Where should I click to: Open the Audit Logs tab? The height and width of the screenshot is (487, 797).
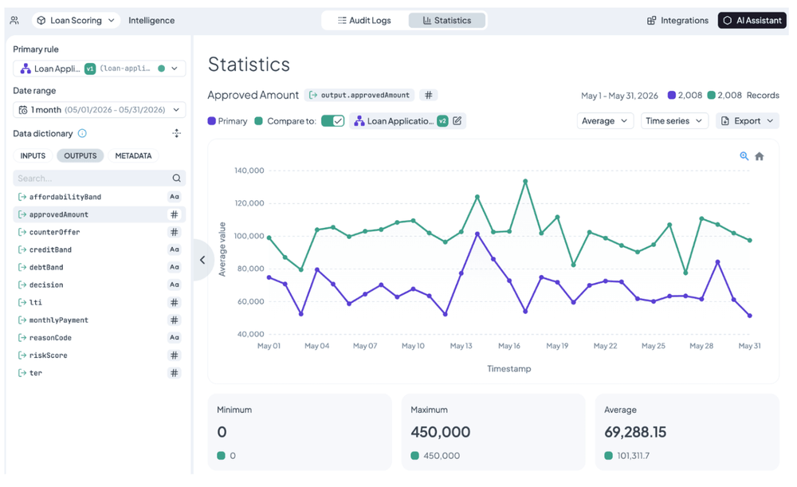pos(364,21)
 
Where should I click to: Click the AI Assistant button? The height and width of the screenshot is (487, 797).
pos(752,21)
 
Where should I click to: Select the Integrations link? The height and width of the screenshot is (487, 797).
pos(677,21)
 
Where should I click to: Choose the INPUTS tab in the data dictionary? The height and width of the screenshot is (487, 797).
pos(33,155)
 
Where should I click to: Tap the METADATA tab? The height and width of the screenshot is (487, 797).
pos(133,155)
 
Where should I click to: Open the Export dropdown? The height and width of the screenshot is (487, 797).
pos(748,121)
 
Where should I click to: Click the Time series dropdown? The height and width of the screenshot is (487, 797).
pos(674,121)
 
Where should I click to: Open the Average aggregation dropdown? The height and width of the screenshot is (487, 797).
pos(604,121)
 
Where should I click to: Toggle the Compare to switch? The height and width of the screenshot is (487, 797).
pos(332,121)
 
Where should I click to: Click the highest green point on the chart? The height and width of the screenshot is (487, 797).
pos(525,181)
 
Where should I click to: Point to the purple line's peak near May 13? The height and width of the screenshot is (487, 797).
pos(477,234)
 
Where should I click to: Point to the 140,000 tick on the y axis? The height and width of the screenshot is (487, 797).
pos(249,171)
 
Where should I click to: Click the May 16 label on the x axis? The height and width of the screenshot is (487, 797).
pos(508,346)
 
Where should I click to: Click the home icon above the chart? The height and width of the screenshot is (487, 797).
pos(760,156)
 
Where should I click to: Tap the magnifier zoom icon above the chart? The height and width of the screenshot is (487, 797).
pos(744,156)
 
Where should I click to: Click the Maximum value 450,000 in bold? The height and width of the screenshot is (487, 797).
pos(440,432)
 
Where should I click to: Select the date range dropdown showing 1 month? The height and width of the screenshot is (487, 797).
pos(99,110)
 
